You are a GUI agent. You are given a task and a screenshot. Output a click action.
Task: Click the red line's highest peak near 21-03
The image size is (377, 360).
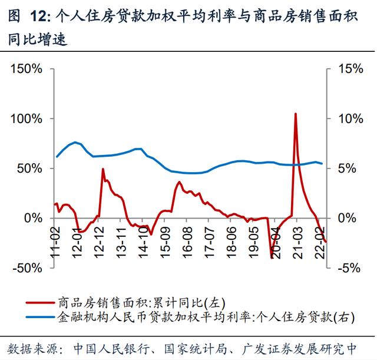[x=295, y=114]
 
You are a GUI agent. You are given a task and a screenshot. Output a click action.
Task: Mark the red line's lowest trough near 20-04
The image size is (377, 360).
[x=272, y=257]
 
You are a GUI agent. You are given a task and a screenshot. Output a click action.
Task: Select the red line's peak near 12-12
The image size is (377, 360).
[x=103, y=169]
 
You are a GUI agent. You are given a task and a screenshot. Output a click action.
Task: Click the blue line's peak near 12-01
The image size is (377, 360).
[x=75, y=142]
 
